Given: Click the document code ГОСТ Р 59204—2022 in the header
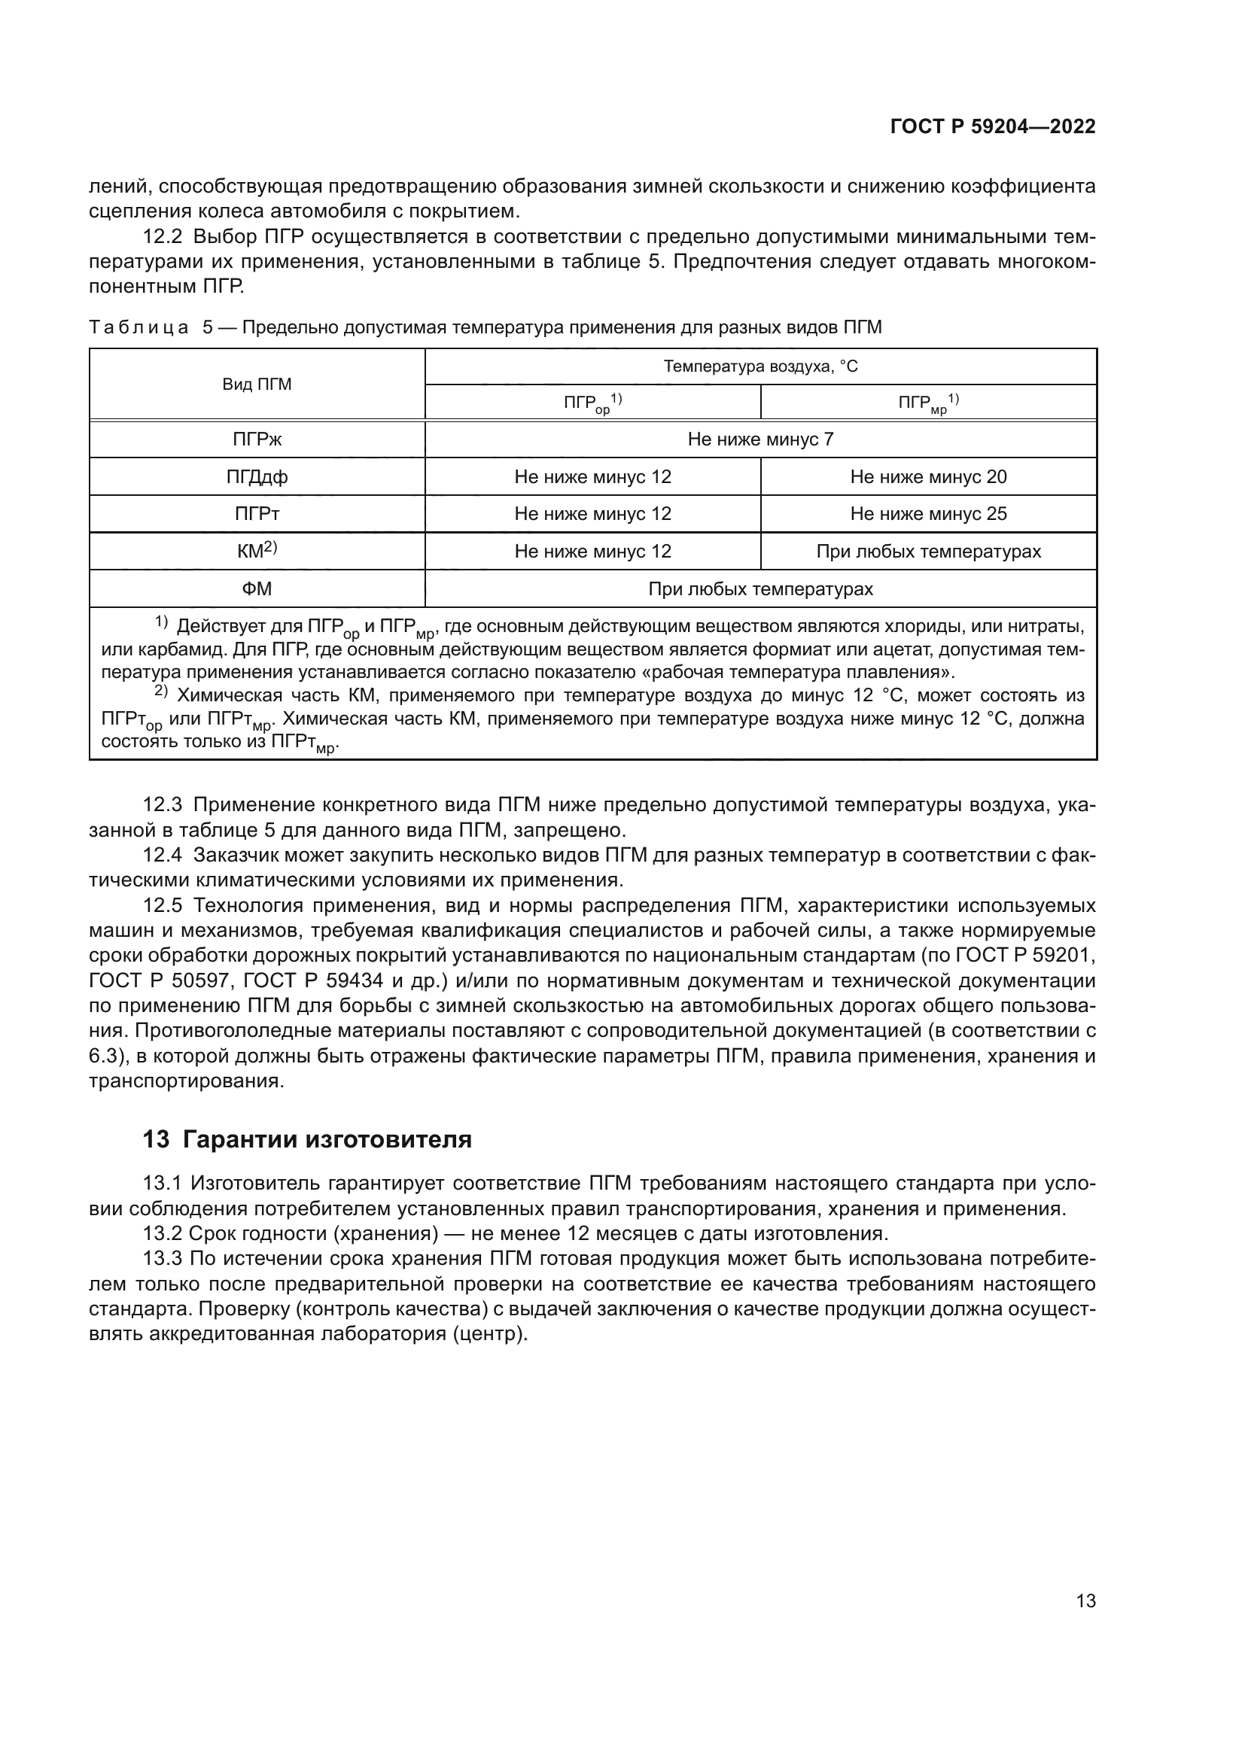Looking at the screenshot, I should click(992, 127).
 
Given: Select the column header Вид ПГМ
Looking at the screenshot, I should click(257, 384).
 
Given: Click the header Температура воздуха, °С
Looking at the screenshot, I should click(759, 366).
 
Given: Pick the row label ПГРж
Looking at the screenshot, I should click(257, 439).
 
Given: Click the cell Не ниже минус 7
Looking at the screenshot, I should click(759, 439).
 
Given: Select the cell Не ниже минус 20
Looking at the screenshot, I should click(927, 477).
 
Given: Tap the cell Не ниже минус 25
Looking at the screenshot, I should click(927, 514).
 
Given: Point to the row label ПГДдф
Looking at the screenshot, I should click(257, 477).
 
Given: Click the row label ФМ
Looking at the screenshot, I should click(257, 588).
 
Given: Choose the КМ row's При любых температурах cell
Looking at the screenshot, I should click(927, 551).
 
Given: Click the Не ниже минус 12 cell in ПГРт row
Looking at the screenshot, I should click(592, 514).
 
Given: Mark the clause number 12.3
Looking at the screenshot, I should click(163, 805).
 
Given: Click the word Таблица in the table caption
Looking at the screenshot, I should click(139, 327).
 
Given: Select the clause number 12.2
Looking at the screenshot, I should click(163, 237).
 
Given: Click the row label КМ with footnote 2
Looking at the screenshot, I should click(257, 550).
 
